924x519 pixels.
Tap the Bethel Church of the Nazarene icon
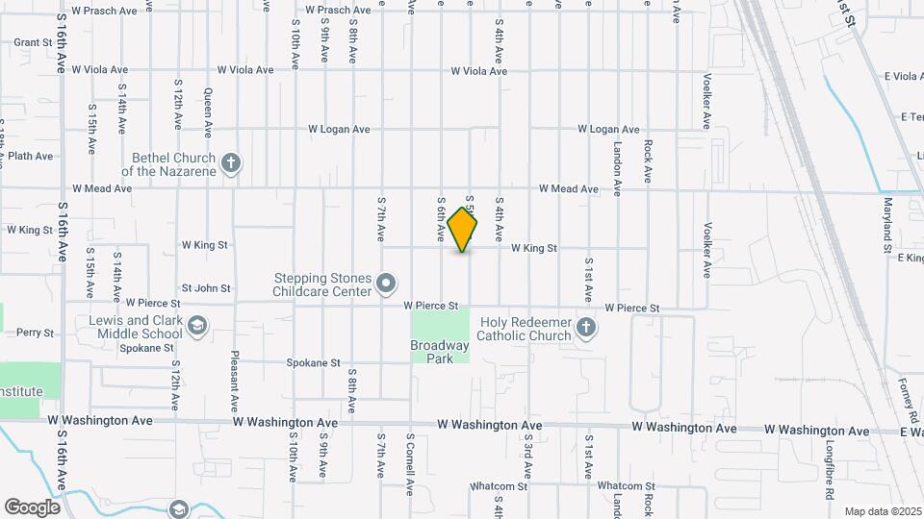[230, 162]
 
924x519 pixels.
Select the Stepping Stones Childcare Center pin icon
[386, 283]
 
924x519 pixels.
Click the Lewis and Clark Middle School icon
[197, 327]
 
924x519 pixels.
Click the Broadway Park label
[439, 352]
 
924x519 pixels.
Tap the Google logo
[32, 507]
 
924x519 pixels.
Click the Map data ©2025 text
[882, 511]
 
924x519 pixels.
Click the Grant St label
[33, 42]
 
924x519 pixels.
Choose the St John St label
[206, 287]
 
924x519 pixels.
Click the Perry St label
[36, 333]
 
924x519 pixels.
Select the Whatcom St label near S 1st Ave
[626, 486]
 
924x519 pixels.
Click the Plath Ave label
[30, 156]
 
